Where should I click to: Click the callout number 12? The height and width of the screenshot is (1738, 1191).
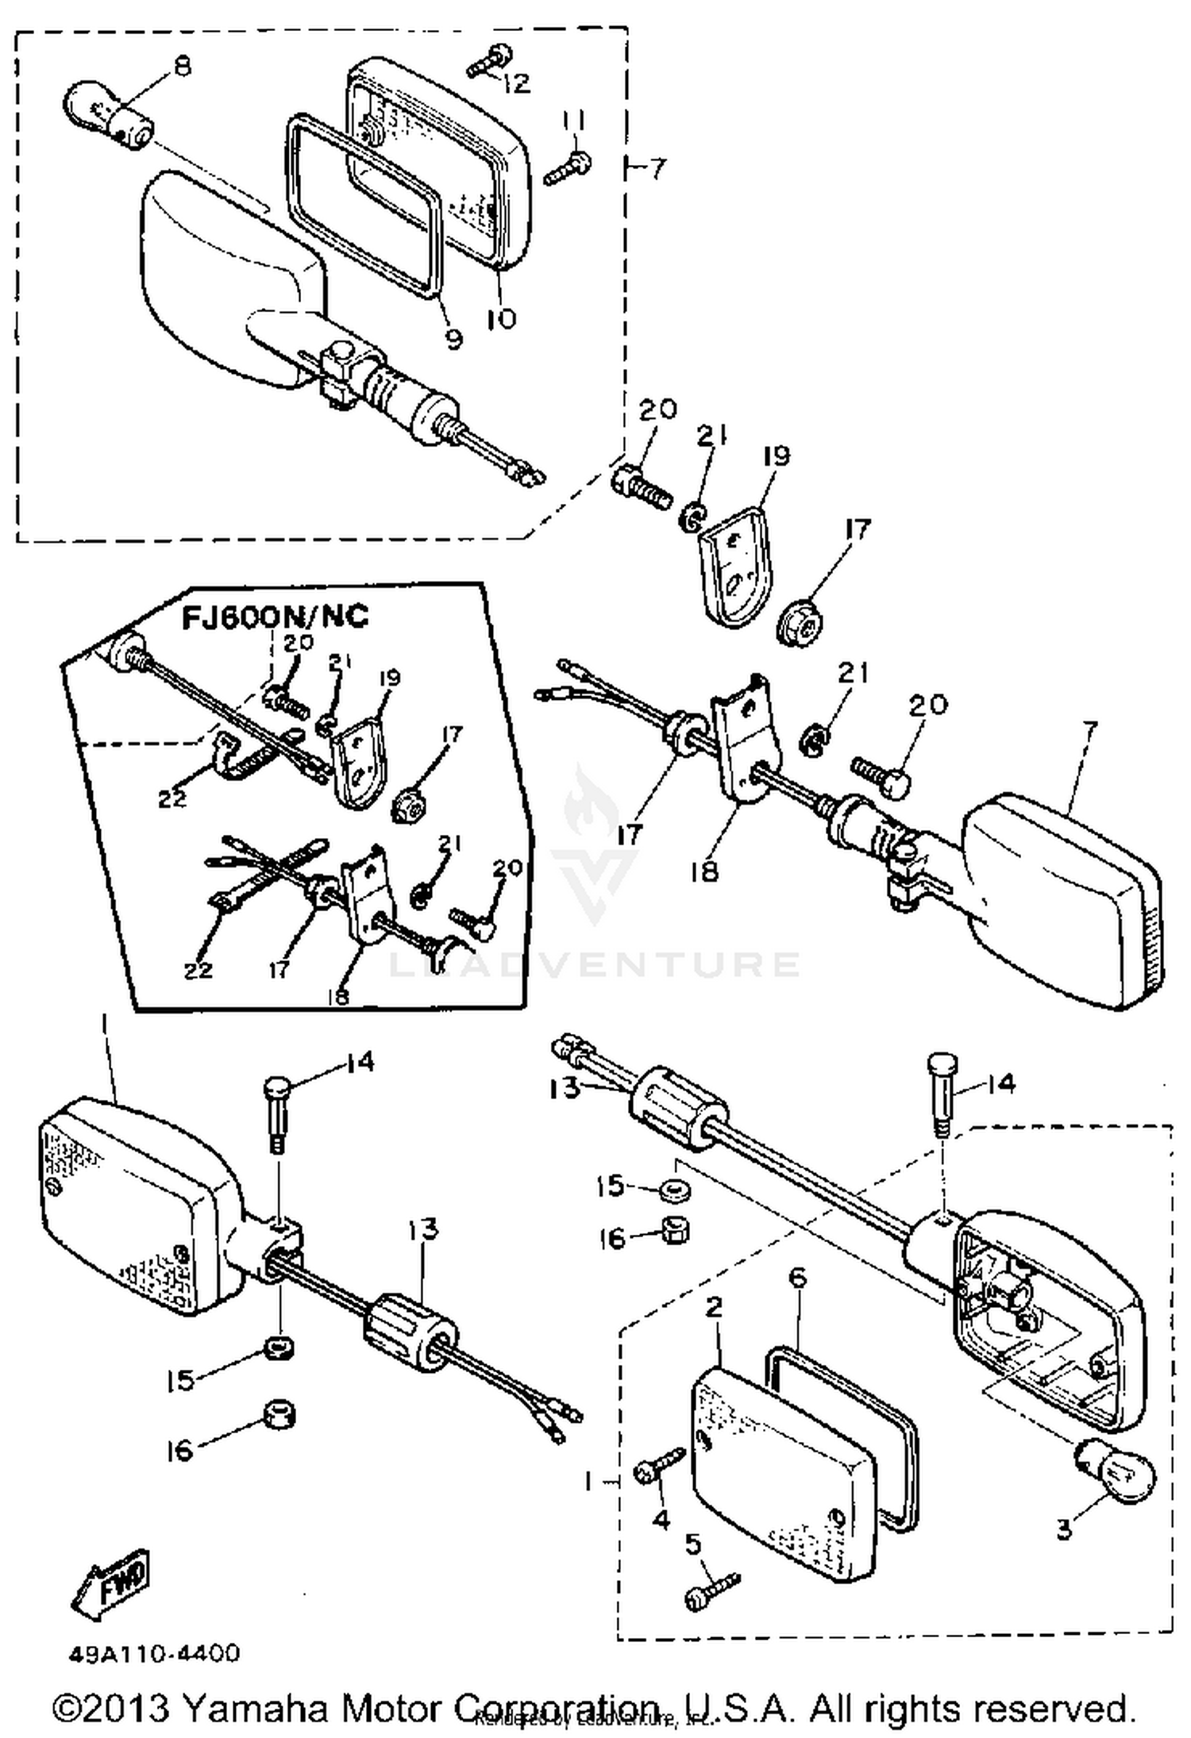pyautogui.click(x=517, y=83)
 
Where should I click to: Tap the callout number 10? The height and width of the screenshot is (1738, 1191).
pyautogui.click(x=501, y=318)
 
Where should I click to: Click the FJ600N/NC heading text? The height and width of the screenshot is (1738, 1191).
pyautogui.click(x=276, y=617)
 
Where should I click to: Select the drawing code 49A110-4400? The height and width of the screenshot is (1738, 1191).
pyautogui.click(x=154, y=1653)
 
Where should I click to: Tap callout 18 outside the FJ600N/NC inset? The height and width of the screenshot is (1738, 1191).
pyautogui.click(x=704, y=871)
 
